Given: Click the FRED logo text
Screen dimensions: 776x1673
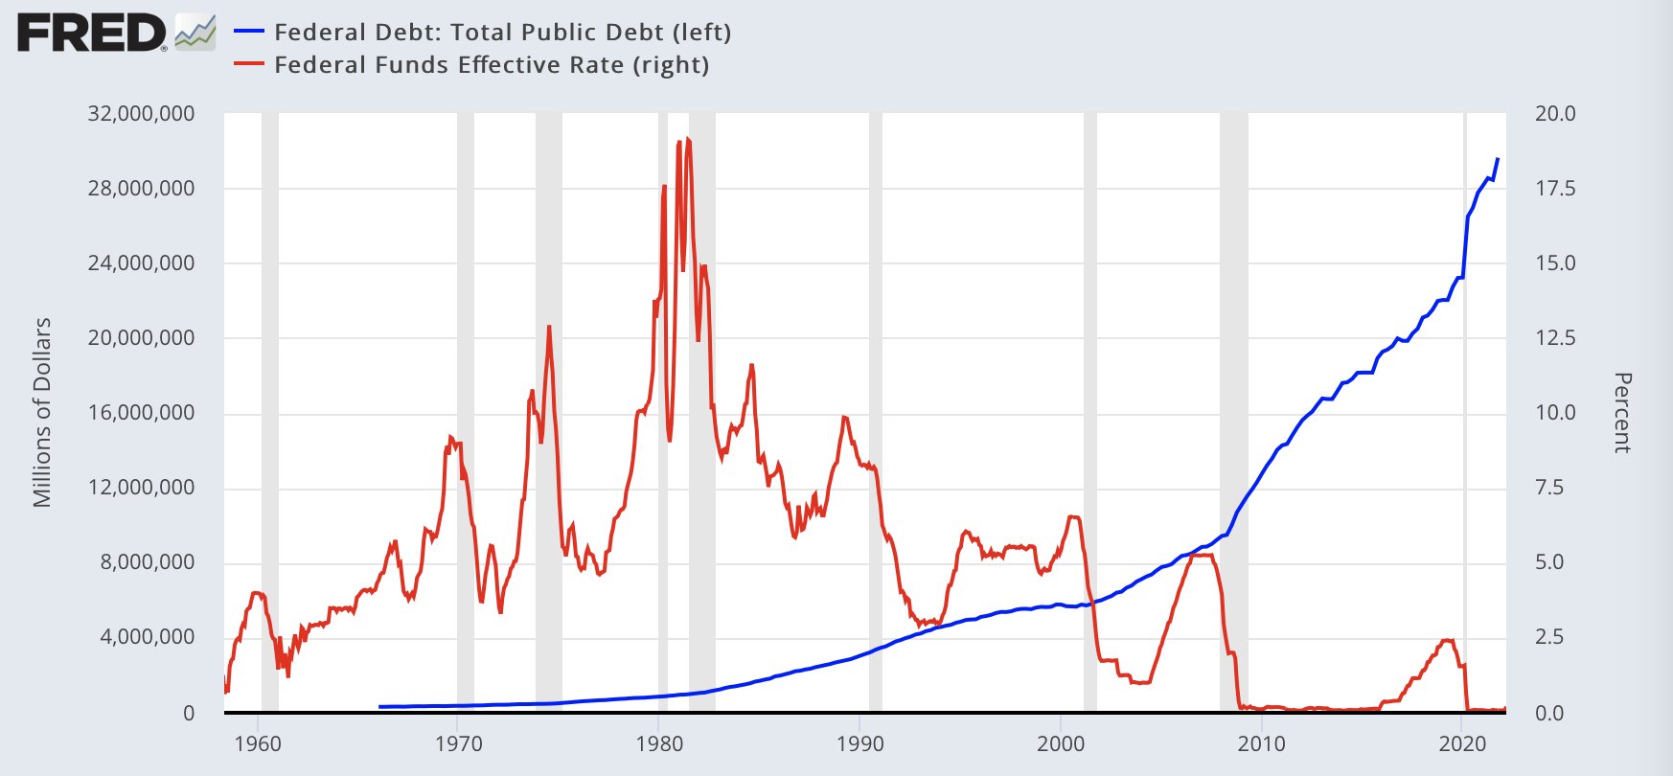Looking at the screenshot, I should tap(91, 34).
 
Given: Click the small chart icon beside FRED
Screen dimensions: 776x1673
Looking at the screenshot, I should tap(195, 33).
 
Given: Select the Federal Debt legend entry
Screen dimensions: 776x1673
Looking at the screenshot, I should tap(502, 33).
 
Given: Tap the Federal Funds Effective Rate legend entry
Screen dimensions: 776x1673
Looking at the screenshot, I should tap(492, 65).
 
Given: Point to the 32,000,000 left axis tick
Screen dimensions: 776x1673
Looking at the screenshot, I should tap(141, 114).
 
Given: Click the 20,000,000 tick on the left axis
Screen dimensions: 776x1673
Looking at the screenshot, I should tap(141, 338).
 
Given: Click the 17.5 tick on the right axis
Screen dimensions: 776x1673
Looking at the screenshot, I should tap(1554, 189).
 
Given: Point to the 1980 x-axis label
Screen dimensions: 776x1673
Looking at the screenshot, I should tap(659, 744).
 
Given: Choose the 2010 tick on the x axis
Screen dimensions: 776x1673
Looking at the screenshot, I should tap(1261, 744).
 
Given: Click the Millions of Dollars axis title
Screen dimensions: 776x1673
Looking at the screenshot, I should tap(42, 412).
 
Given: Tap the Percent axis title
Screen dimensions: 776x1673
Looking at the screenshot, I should tap(1621, 412).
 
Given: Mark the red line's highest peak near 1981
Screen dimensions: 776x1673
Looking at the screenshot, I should tap(687, 140).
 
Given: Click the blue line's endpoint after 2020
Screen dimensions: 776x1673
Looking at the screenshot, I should tap(1498, 159).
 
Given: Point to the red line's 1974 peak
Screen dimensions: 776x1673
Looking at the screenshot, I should tap(549, 327).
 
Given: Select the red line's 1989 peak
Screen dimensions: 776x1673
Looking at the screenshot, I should tap(844, 417).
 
